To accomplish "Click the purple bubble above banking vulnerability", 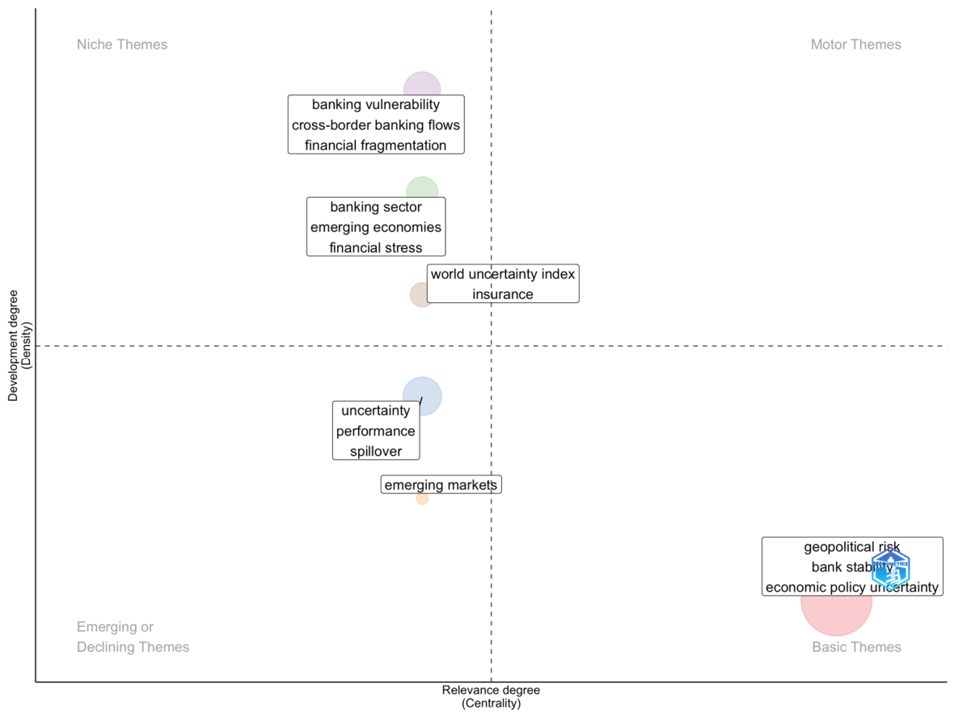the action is click(422, 83).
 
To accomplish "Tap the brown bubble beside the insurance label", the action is click(419, 295).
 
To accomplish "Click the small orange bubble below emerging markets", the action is click(422, 499).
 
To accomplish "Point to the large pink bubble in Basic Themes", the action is click(837, 614).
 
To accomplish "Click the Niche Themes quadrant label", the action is click(122, 44).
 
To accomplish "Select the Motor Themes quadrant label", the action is click(855, 44).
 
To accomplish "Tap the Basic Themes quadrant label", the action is click(856, 647).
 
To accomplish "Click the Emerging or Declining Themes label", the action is click(133, 637).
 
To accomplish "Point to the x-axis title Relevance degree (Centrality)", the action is click(491, 697).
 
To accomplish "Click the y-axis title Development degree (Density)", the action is click(19, 345).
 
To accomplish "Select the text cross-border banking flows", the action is click(376, 125).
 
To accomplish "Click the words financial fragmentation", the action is click(376, 146).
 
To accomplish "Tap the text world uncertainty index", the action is click(503, 274).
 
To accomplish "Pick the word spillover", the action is click(376, 451).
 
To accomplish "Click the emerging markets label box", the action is click(441, 485).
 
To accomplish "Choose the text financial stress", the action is click(376, 248).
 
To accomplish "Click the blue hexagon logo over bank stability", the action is click(890, 568).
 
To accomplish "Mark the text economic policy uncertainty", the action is click(852, 588).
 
